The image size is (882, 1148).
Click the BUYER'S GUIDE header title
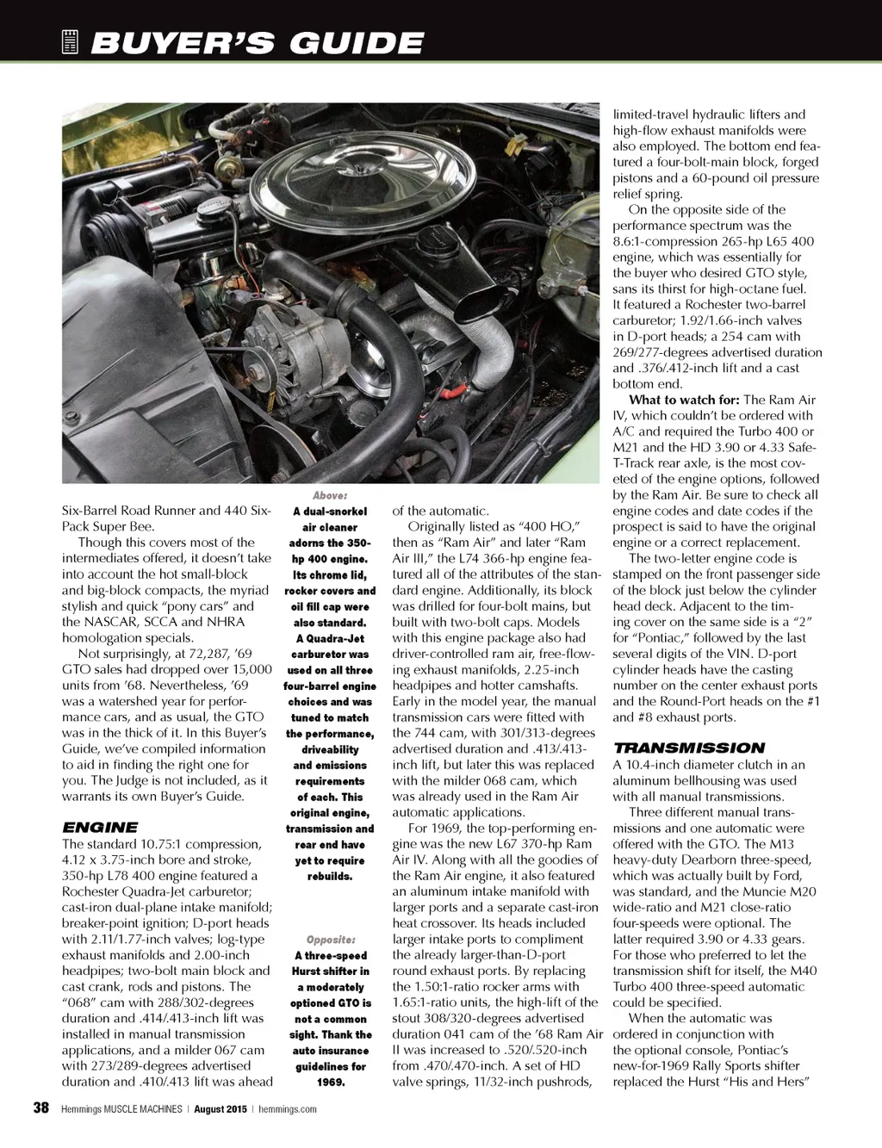[256, 43]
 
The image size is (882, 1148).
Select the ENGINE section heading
[100, 828]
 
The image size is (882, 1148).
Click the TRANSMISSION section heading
[688, 748]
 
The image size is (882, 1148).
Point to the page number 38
[40, 1108]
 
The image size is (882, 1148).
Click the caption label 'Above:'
[330, 496]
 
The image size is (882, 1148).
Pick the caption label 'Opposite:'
[330, 940]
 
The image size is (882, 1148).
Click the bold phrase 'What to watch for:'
[684, 400]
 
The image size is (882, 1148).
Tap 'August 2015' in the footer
[218, 1109]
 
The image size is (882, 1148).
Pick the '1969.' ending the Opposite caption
[330, 1082]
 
